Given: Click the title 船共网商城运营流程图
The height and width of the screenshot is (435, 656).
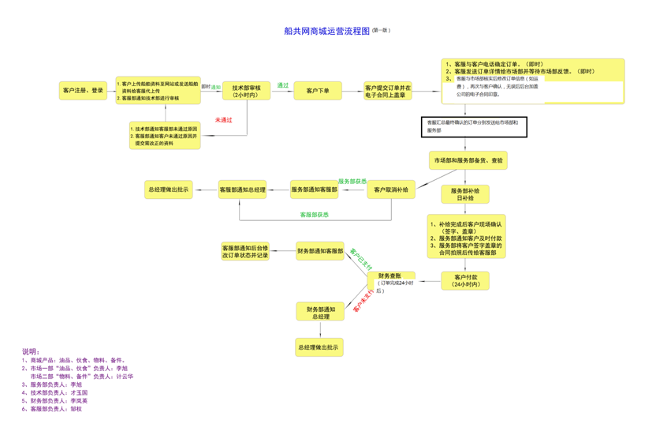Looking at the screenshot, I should pos(326,32).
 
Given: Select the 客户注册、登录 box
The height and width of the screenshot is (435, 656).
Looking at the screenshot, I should pos(83,90).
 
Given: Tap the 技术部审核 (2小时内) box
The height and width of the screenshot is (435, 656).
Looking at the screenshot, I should pos(246,91).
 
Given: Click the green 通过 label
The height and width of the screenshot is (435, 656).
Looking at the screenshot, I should pos(282,85).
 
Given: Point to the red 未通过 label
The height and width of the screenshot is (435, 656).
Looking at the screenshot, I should pos(224,120).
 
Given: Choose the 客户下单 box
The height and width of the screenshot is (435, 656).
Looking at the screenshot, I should pos(318,91).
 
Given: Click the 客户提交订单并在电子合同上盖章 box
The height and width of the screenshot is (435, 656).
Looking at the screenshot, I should pos(388,91).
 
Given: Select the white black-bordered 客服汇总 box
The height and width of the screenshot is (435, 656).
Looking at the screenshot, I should pos(473,126).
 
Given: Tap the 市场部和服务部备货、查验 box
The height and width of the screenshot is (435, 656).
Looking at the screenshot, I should pos(468,160).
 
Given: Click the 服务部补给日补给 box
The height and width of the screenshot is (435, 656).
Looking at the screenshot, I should pos(465,194).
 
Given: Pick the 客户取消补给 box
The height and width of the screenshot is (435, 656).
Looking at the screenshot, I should pos(391,189).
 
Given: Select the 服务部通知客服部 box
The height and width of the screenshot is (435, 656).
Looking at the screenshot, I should pos(315,189).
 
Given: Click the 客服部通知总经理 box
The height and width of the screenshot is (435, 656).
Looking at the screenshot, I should pos(243,189).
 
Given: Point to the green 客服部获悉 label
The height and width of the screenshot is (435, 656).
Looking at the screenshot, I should pos(314,215).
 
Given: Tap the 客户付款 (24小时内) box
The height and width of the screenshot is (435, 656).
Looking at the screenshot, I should pos(465,280).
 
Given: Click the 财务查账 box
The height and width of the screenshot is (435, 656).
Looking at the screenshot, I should pos(391,280).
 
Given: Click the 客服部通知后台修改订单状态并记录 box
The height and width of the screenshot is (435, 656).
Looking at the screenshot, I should pos(245,252).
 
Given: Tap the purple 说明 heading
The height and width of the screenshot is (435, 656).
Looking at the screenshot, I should pos(31,351).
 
